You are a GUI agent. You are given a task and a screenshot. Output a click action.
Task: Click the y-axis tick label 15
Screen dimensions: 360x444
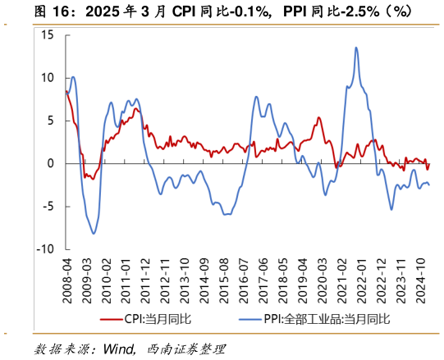(47, 35)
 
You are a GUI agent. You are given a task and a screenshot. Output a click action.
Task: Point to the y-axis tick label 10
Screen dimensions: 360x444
(47, 78)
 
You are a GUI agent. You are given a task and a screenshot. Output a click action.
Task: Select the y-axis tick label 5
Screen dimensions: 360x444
(50, 121)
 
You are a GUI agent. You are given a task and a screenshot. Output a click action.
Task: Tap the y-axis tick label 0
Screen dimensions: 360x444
(50, 163)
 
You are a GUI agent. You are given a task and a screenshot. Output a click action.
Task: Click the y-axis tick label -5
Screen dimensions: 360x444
(48, 206)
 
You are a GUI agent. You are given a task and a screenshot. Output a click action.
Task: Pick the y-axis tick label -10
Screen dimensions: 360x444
(45, 248)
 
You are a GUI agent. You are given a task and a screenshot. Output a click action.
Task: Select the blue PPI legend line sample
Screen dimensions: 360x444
(245, 319)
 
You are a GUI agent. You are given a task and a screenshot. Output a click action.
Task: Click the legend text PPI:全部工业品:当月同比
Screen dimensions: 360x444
(325, 319)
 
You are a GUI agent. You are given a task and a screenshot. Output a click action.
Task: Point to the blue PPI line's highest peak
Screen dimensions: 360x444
(356, 48)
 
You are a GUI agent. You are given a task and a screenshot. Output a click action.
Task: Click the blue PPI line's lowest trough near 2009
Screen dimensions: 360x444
(94, 234)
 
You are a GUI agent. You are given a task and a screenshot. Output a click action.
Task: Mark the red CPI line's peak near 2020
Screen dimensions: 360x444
(318, 117)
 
